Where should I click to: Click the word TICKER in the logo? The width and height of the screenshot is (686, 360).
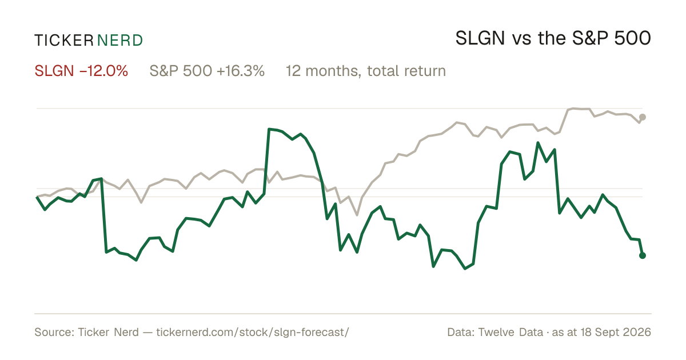click(64, 41)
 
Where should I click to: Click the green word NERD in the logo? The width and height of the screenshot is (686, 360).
click(119, 41)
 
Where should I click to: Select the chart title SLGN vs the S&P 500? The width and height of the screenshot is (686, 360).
click(553, 38)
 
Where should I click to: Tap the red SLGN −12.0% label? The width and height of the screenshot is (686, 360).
click(81, 71)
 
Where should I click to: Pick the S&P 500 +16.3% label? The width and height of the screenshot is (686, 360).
click(207, 71)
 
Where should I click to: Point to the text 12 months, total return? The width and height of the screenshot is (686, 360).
click(366, 71)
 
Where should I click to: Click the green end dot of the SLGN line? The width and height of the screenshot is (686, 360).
click(643, 255)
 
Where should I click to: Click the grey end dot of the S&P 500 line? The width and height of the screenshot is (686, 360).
click(643, 117)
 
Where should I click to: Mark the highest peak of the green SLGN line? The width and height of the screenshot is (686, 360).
click(269, 129)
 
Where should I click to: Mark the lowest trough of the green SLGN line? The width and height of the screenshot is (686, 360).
click(465, 269)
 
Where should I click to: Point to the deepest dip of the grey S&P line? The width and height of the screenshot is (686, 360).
click(357, 215)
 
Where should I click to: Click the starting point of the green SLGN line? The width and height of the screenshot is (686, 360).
click(37, 197)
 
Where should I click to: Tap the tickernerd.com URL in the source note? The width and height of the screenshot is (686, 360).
click(253, 332)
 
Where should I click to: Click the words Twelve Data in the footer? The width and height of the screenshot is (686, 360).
click(510, 332)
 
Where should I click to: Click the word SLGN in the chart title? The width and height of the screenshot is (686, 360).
click(480, 38)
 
